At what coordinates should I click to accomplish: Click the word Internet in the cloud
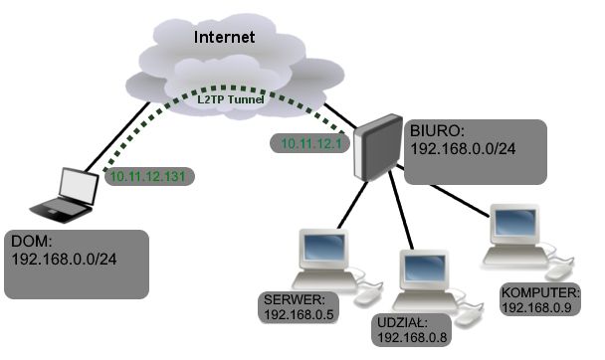point(224,37)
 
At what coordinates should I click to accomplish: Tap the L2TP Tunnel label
point(231,99)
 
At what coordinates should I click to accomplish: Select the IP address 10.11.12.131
point(148,177)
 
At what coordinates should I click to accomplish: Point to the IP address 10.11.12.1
point(311,144)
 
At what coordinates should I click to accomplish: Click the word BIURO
point(437,131)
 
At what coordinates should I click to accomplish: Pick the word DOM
point(32,242)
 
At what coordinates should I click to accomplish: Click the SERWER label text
point(295,299)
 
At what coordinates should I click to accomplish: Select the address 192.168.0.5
point(299,314)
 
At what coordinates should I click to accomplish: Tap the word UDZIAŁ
point(402,322)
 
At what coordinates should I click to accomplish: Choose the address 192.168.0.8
point(412,338)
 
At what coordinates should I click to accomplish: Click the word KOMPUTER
point(540,292)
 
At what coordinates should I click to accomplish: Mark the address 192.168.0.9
point(536,307)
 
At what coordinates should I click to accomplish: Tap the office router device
point(377,147)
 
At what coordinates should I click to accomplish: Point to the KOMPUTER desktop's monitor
point(514,224)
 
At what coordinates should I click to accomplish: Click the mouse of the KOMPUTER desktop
point(559,272)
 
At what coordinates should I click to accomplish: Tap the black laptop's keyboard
point(62,211)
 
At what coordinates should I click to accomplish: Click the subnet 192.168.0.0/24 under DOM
point(64,259)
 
